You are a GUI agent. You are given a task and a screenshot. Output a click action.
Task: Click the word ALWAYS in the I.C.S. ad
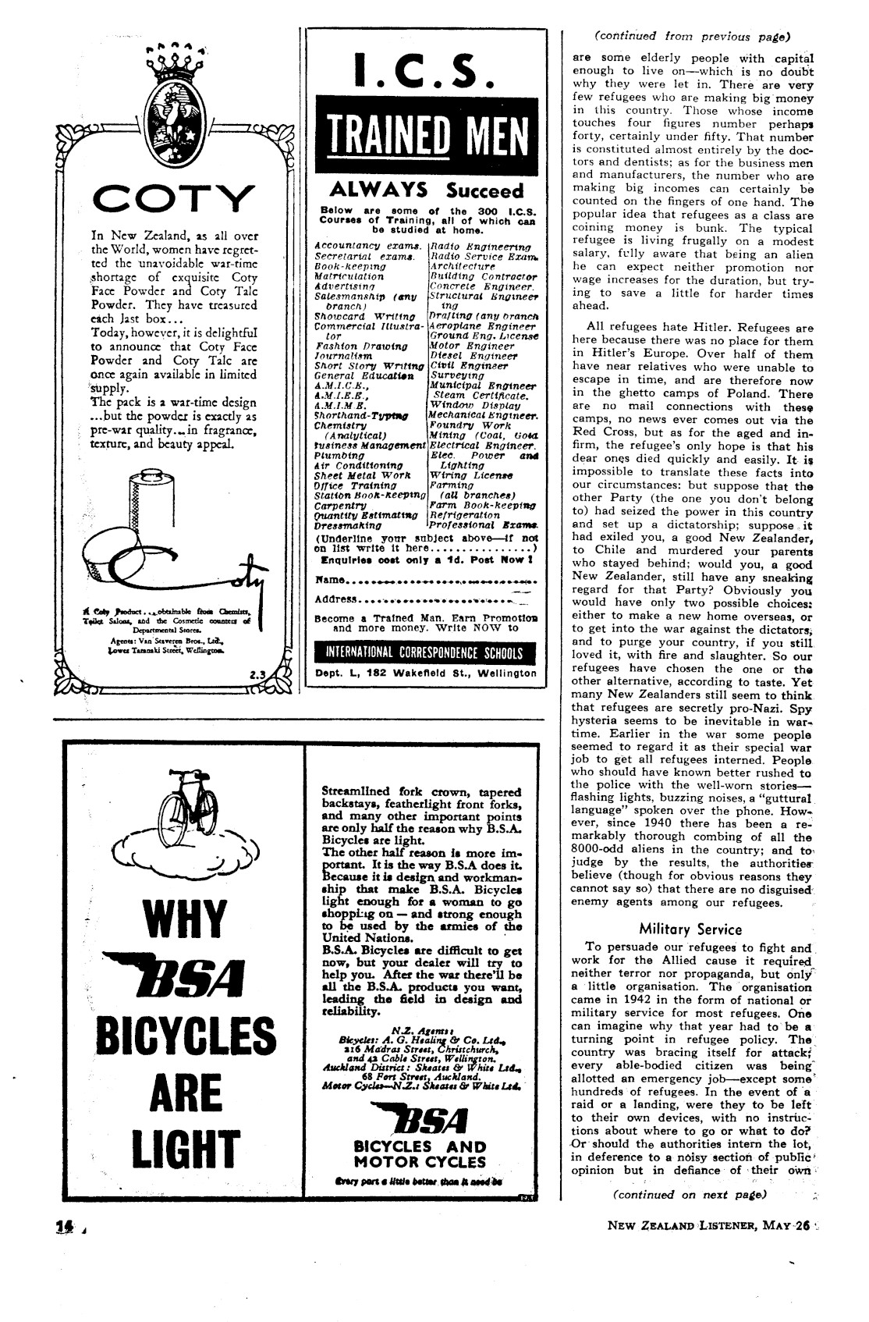(378, 190)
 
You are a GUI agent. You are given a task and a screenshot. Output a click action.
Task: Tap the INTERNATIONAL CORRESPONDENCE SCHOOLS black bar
(425, 653)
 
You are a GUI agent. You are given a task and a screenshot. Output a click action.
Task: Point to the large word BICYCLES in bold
(186, 1036)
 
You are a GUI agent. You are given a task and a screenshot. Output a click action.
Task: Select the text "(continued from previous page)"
(693, 36)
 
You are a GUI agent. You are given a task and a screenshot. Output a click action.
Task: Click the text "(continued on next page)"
(690, 1194)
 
